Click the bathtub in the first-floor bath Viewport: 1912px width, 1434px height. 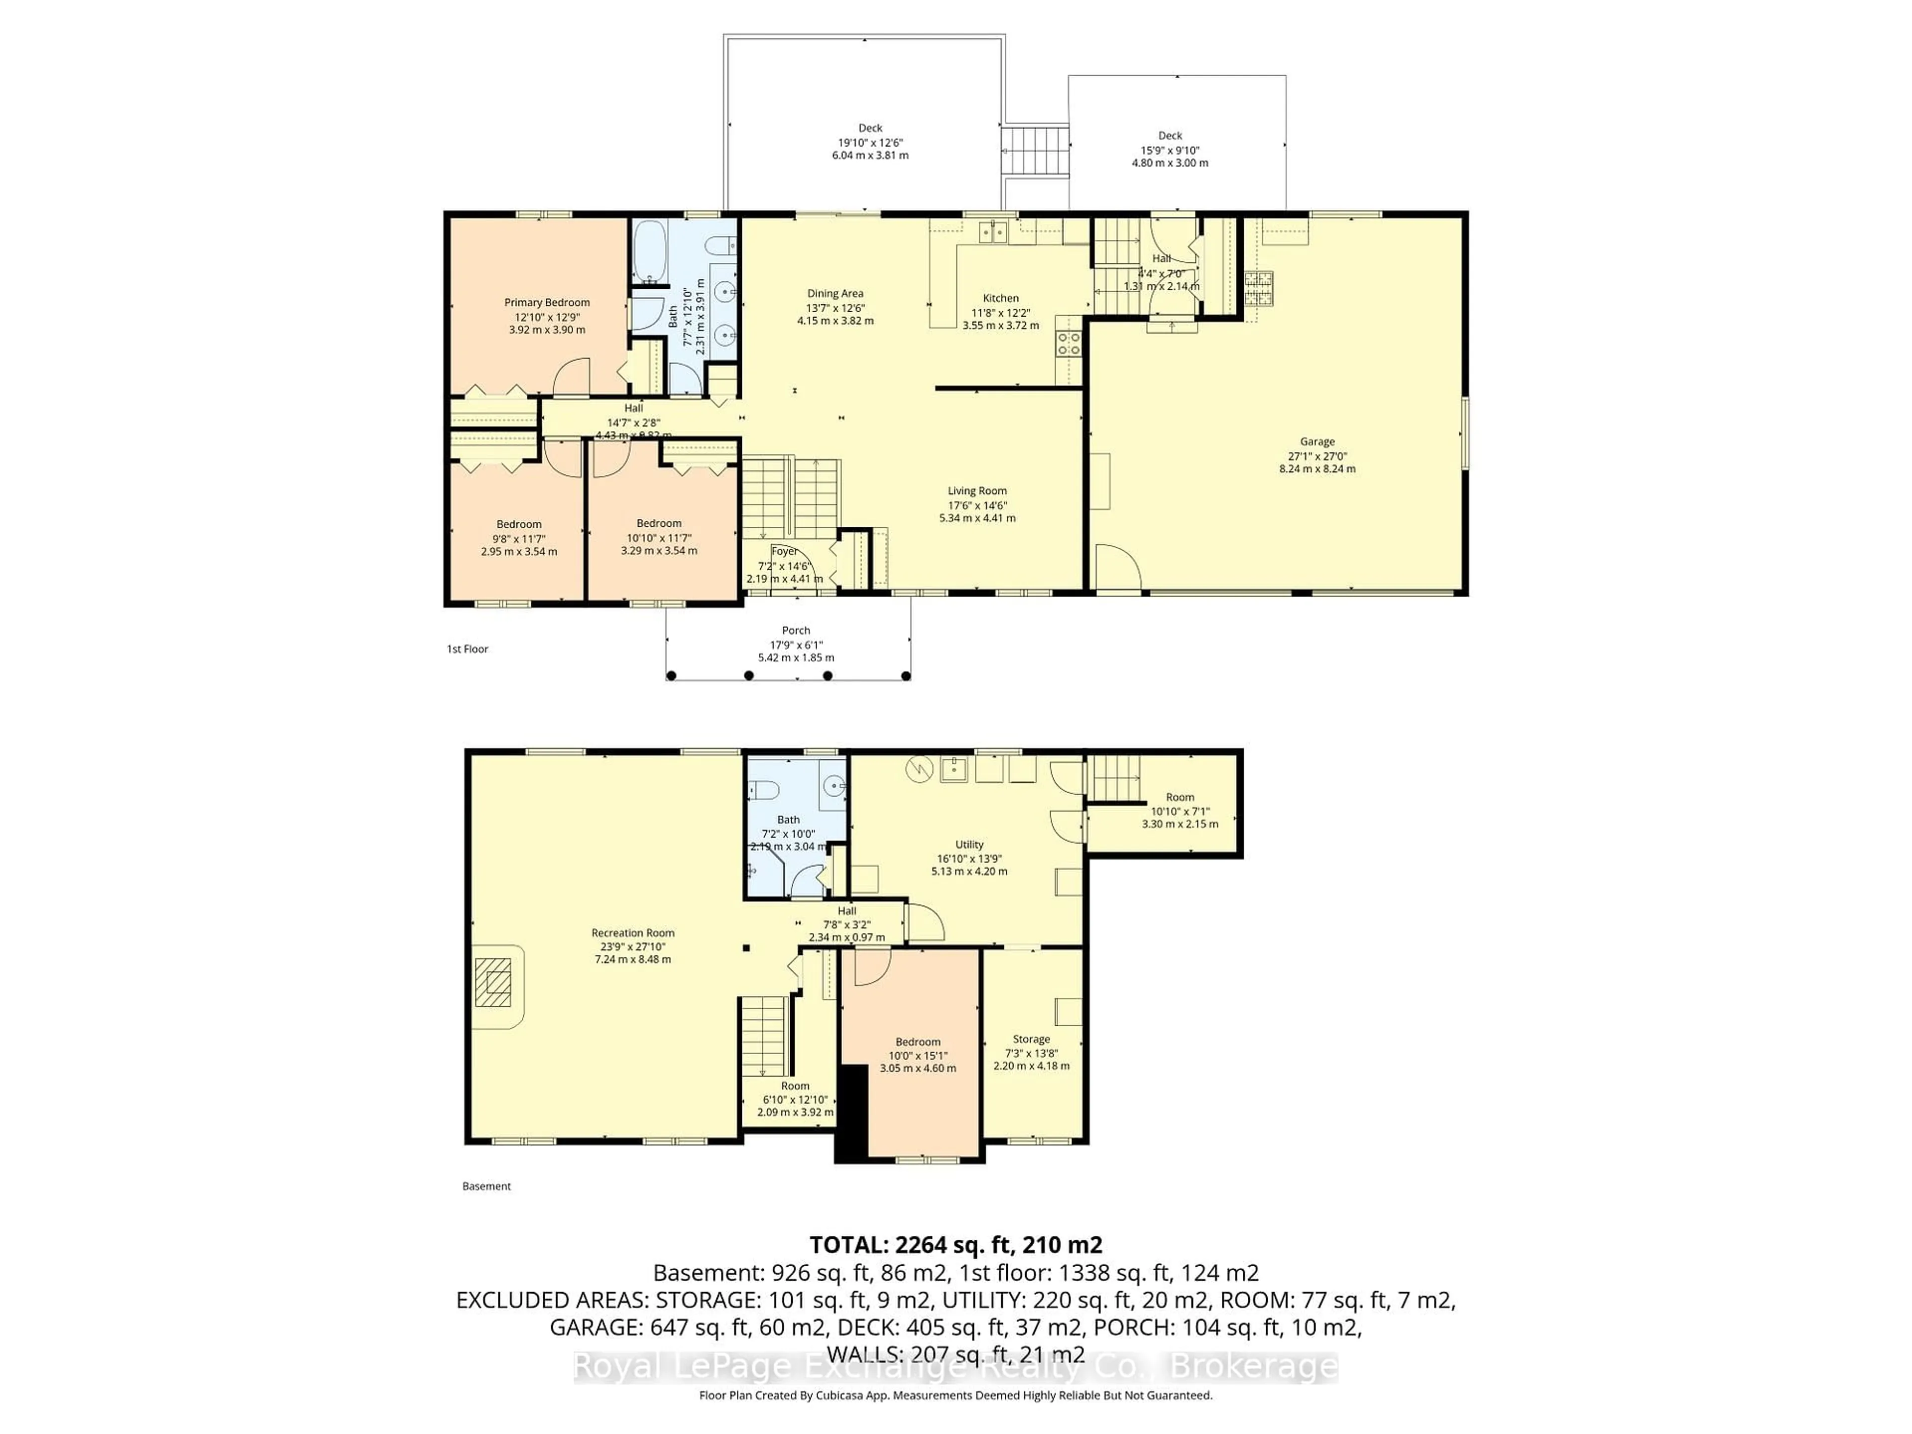point(649,250)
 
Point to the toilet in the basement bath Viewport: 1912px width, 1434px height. point(764,789)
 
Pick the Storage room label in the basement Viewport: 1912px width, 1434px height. point(1031,1039)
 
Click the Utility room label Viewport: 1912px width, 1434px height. point(969,844)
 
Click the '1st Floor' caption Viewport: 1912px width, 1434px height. point(468,649)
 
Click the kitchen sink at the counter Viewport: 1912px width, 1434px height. point(993,232)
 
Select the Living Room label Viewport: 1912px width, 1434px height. point(977,491)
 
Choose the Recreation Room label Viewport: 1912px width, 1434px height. point(633,933)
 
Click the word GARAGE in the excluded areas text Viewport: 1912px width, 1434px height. point(593,1327)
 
